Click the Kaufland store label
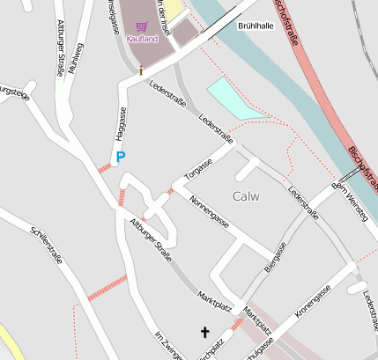coord(142,39)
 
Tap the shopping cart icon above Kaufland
coord(142,27)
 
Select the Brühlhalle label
coord(255,26)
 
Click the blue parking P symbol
coord(121,156)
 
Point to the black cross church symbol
coord(206,332)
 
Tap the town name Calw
coord(246,195)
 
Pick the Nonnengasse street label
coord(209,212)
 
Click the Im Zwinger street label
coord(169,345)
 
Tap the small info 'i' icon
coord(140,70)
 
